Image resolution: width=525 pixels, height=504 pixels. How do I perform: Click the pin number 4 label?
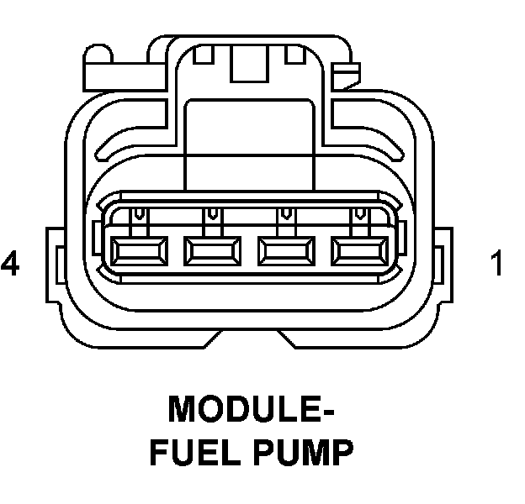click(11, 265)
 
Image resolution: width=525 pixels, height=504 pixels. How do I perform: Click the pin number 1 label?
click(497, 265)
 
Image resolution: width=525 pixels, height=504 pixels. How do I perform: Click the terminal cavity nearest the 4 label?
click(139, 249)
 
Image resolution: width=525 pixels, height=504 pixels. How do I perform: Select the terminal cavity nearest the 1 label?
click(362, 249)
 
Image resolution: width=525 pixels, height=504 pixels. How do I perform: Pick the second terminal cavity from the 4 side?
click(213, 249)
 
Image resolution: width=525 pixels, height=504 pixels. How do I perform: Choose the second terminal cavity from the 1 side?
click(288, 249)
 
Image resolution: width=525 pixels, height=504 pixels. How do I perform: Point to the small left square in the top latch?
click(201, 56)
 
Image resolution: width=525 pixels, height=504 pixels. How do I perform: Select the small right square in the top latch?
click(294, 56)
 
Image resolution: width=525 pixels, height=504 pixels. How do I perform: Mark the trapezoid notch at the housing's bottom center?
click(251, 340)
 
